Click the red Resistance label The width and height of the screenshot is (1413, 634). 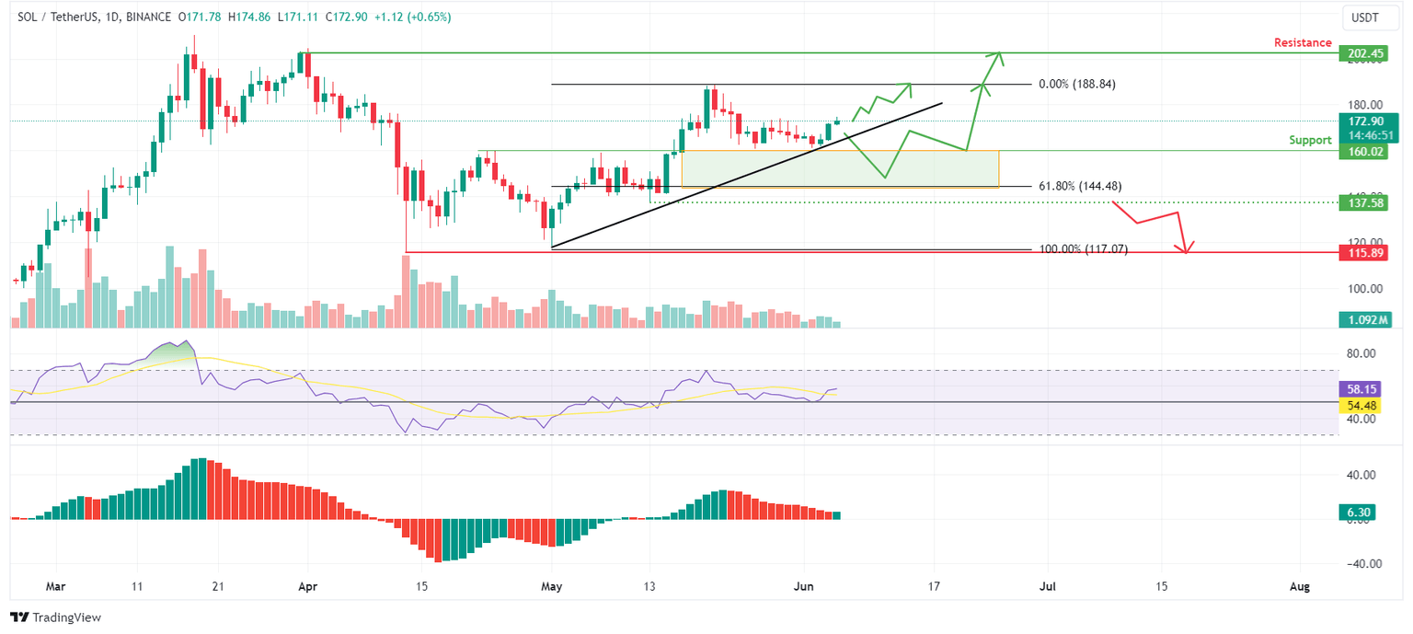(x=1302, y=42)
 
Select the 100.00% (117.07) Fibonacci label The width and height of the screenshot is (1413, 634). (x=1083, y=249)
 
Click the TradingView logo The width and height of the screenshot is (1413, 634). (x=55, y=617)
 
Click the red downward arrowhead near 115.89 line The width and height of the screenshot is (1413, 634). (x=1188, y=248)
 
